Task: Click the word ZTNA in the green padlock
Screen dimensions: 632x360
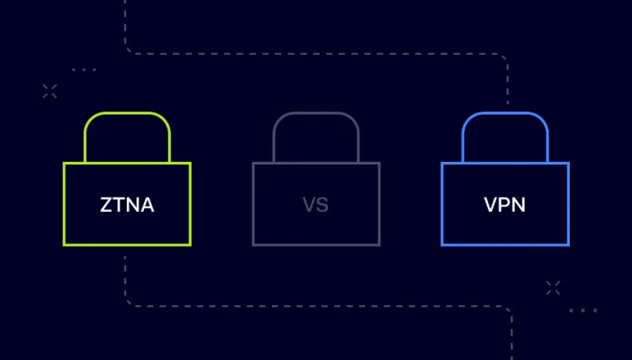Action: pyautogui.click(x=127, y=205)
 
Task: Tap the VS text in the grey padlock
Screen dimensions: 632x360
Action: pyautogui.click(x=316, y=205)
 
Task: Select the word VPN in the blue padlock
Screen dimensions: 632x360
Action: pyautogui.click(x=504, y=205)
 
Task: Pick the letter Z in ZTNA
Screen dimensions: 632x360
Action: pyautogui.click(x=106, y=205)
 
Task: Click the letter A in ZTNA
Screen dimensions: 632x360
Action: pyautogui.click(x=147, y=205)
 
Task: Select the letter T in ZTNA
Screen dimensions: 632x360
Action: pyautogui.click(x=119, y=205)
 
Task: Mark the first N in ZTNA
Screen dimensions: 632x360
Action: pyautogui.click(x=133, y=205)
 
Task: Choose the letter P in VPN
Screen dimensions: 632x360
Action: pyautogui.click(x=504, y=205)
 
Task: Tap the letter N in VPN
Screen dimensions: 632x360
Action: pyautogui.click(x=519, y=205)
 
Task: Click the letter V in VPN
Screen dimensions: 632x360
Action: pyautogui.click(x=491, y=205)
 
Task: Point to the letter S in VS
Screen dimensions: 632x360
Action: pyautogui.click(x=323, y=205)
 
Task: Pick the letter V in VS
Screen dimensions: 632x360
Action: pyautogui.click(x=309, y=205)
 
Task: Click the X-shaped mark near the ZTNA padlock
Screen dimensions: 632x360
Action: pyautogui.click(x=50, y=92)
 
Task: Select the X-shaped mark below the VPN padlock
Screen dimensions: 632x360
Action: pyautogui.click(x=553, y=288)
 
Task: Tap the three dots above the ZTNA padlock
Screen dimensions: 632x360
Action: pyautogui.click(x=84, y=70)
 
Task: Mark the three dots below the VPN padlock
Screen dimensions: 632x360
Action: pyautogui.click(x=583, y=310)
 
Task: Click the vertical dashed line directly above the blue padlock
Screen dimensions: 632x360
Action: pyautogui.click(x=508, y=83)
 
